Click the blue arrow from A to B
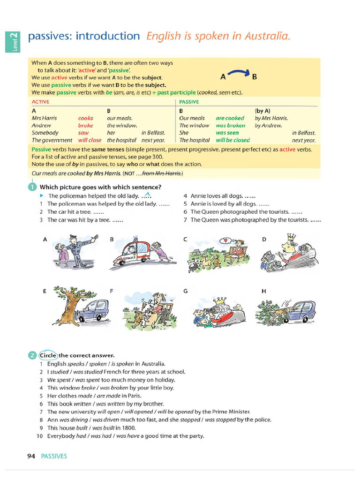(x=239, y=73)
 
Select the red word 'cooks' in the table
(x=85, y=119)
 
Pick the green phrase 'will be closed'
(x=232, y=140)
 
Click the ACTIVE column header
(x=40, y=102)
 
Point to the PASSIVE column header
(x=189, y=102)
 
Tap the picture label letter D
(x=264, y=240)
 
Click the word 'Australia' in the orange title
(x=266, y=36)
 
